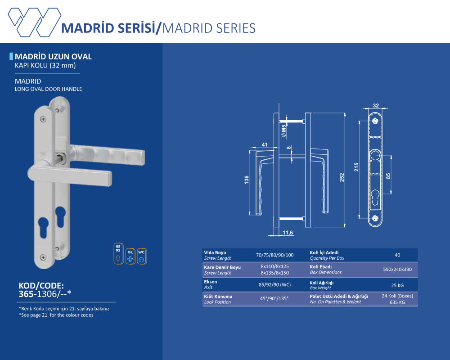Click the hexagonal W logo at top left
pos(35,22)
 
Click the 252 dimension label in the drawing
pos(342,177)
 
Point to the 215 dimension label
pos(356,167)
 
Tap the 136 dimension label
pos(246,180)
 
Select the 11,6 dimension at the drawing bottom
pos(288,233)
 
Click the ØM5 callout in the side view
pos(284,130)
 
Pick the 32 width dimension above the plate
pos(376,106)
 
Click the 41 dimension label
pos(264,145)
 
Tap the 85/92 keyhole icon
pos(118,253)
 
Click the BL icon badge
pos(130,256)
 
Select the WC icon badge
pos(141,256)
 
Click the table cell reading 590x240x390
pos(397,269)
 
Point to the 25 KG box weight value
pos(397,285)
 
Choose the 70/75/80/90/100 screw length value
pos(274,255)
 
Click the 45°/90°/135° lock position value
pos(274,298)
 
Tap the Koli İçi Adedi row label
pos(324,252)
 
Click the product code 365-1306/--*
pos(45,294)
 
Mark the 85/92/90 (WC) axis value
pos(274,285)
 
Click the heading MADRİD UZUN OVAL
pos(53,57)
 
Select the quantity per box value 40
pos(397,255)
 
